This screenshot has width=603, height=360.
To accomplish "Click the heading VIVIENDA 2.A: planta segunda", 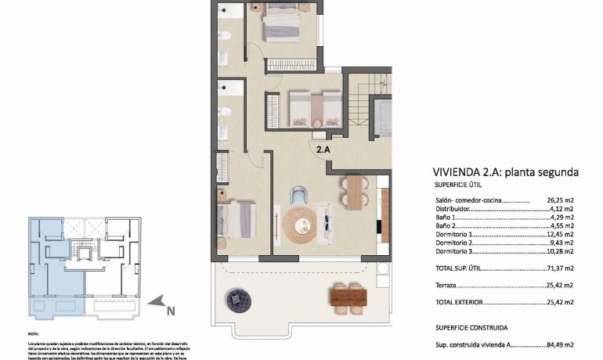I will pyautogui.click(x=505, y=171).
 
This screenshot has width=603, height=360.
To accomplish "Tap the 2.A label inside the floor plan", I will pyautogui.click(x=323, y=147).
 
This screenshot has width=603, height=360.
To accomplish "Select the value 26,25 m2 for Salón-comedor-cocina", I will pyautogui.click(x=560, y=200).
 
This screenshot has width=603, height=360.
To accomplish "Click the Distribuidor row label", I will pyautogui.click(x=453, y=209).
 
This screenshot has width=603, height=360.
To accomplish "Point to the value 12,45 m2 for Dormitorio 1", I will pyautogui.click(x=560, y=235).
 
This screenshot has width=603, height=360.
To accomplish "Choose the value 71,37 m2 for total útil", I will pyautogui.click(x=560, y=268).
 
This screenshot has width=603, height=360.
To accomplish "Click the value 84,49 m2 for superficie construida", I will pyautogui.click(x=560, y=344).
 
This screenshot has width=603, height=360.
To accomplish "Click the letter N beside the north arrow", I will pyautogui.click(x=170, y=310).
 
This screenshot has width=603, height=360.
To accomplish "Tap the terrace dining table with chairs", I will pyautogui.click(x=348, y=296).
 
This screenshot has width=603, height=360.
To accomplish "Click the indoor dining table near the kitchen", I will pyautogui.click(x=355, y=192).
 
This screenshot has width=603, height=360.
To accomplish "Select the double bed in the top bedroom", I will pyautogui.click(x=280, y=23).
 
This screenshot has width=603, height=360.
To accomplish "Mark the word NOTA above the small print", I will pyautogui.click(x=33, y=333).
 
